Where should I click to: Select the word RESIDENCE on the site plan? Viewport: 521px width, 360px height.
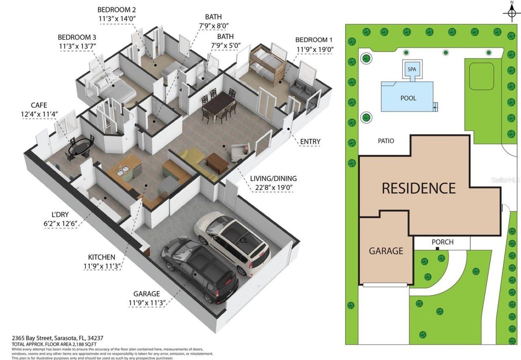pos(418,188)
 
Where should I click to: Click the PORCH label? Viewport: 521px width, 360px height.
pos(442,242)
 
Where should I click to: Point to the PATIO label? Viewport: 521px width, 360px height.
pos(386,141)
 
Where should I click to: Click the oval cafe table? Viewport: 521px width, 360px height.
pos(80,147)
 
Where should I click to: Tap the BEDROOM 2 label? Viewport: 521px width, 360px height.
pos(116,10)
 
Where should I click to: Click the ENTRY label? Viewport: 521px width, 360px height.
pos(310,142)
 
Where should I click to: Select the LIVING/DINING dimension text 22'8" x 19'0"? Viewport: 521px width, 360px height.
pos(273,188)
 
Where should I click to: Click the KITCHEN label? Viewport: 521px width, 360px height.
pos(102,257)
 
